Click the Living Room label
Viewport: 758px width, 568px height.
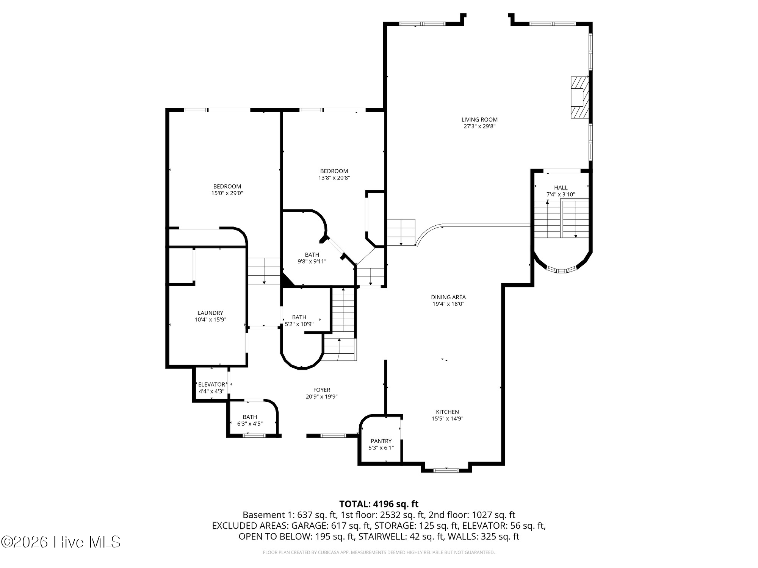tap(479, 120)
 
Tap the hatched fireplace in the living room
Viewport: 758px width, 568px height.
tap(580, 97)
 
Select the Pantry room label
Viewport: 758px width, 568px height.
tap(381, 441)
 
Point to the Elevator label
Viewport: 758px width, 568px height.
tap(211, 384)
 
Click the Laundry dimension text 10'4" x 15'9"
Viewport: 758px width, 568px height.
tap(210, 320)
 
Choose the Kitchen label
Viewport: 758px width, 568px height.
tap(447, 412)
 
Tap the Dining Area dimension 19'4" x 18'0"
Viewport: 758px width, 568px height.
tap(448, 304)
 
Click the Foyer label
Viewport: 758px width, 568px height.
tap(321, 390)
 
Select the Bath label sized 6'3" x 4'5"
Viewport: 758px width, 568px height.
tap(250, 417)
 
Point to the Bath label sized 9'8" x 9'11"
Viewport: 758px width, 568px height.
tap(312, 255)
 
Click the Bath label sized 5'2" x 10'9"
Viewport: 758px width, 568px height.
tap(299, 317)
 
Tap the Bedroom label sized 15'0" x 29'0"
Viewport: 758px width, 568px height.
tap(227, 186)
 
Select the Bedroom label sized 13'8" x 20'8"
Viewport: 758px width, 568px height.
tap(334, 171)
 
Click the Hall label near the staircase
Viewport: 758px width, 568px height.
tap(561, 187)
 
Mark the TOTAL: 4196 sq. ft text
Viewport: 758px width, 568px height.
tap(379, 504)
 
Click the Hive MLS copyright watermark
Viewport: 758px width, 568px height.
tap(61, 542)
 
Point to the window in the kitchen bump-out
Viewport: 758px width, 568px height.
tap(446, 470)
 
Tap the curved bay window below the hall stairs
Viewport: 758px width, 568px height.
tap(562, 270)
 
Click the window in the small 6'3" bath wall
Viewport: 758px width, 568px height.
tap(254, 435)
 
